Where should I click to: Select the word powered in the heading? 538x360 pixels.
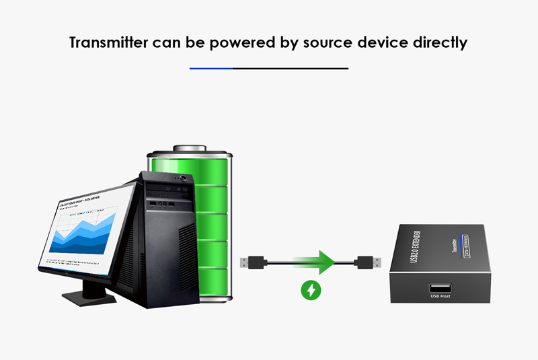[231, 42]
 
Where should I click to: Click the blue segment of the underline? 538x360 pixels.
[210, 69]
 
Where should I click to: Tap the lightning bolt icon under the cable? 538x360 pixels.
[310, 291]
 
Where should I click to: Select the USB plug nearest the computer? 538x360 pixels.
[254, 261]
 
